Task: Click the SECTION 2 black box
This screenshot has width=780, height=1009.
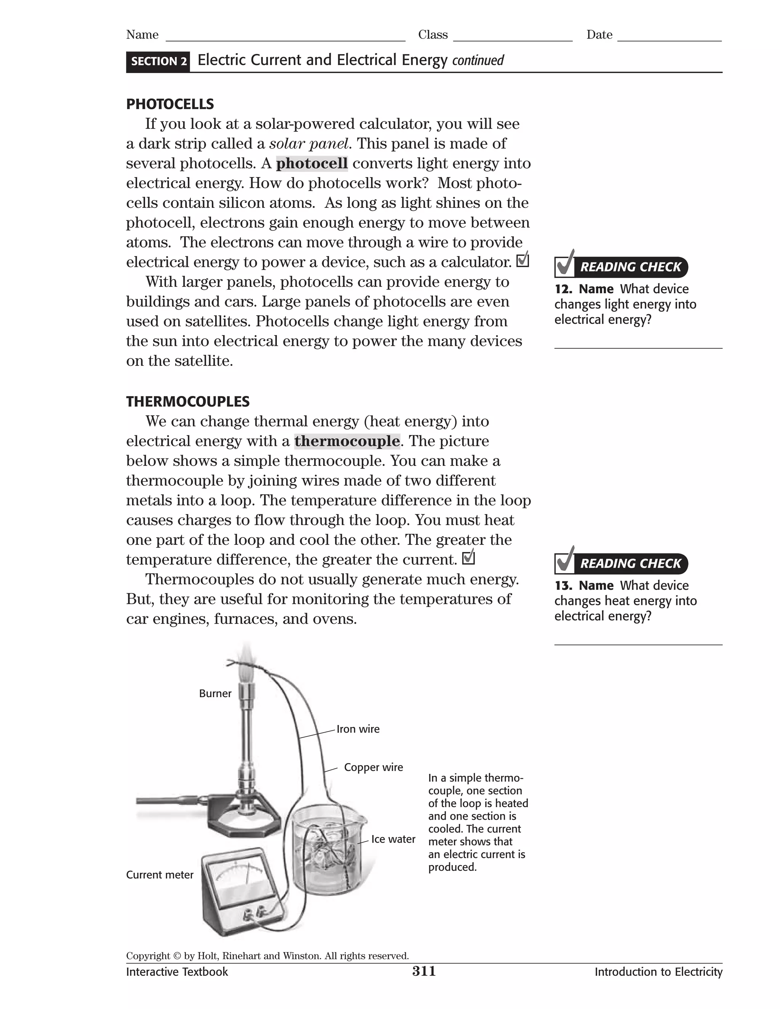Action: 158,61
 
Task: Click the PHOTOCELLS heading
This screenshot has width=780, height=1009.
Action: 169,104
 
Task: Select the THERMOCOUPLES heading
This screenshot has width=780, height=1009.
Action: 188,401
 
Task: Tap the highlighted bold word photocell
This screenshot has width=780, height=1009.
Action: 312,164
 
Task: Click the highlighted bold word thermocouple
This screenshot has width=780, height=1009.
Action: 347,441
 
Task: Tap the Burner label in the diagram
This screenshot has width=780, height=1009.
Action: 215,693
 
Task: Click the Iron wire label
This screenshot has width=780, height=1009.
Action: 358,729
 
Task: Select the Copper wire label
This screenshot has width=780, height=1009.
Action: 373,767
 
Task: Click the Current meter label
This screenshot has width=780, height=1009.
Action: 160,875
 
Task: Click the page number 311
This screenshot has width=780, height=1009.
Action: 424,971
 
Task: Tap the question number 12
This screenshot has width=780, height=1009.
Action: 563,289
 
